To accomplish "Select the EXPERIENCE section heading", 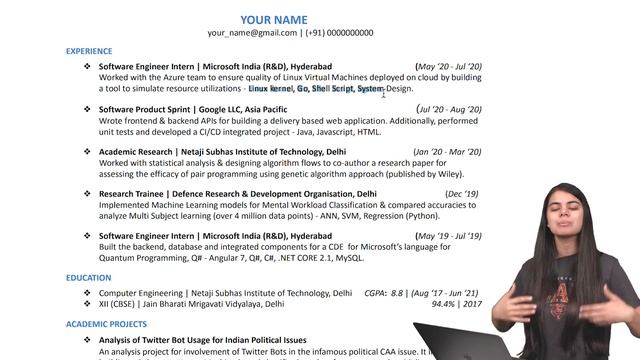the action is tap(89, 50).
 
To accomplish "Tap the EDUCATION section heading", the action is tap(88, 278).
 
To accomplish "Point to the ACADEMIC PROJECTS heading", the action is tap(106, 324).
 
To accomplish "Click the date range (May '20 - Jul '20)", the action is tap(448, 66).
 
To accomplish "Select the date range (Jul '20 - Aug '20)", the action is tap(449, 109).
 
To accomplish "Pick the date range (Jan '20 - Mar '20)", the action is tap(447, 152).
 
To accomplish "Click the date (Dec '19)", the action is tap(462, 194).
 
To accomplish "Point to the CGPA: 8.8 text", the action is tap(384, 293).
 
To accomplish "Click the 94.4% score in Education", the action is tap(444, 304).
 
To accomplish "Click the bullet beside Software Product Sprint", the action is tap(87, 109).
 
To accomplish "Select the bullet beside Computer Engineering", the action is tap(87, 293).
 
